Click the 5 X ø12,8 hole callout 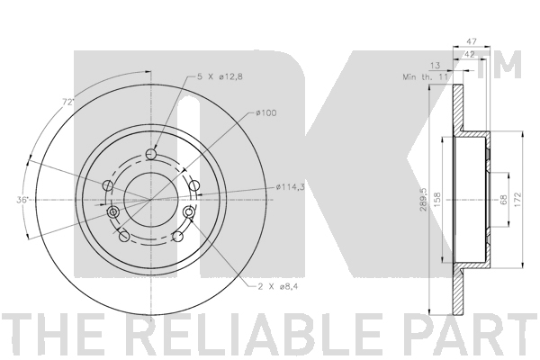(x=220, y=76)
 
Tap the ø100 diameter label (x=265, y=112)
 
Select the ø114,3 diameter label (x=290, y=187)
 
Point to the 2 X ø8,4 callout (x=277, y=286)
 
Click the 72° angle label (x=68, y=102)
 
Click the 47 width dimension (x=471, y=41)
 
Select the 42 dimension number (x=470, y=54)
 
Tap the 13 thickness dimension (x=436, y=66)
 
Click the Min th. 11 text (x=425, y=76)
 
